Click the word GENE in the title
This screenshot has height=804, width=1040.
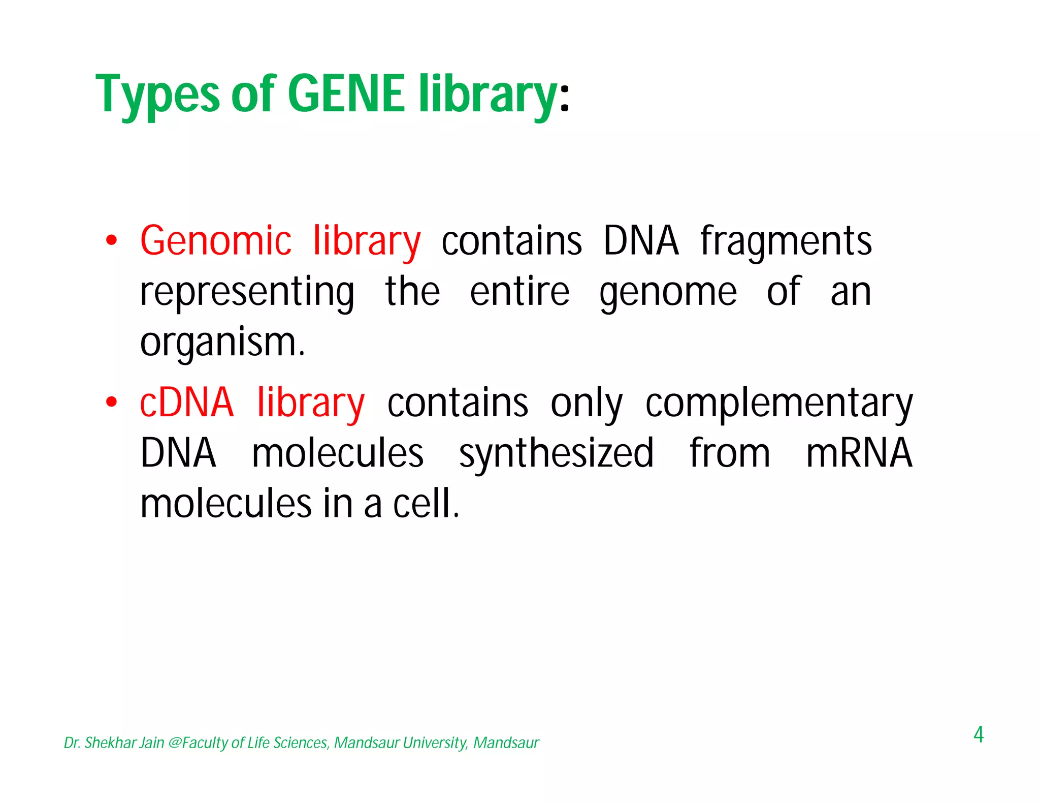[346, 94]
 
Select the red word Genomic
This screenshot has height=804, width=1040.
[216, 241]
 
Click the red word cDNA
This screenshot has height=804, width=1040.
[186, 403]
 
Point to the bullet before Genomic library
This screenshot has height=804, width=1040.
[111, 240]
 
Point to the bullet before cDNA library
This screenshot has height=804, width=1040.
[111, 403]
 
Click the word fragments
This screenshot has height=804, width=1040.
[786, 241]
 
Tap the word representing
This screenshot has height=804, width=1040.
[247, 293]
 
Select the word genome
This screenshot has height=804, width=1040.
[668, 293]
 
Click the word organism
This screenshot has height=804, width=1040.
[222, 343]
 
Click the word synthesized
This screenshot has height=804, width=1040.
[556, 454]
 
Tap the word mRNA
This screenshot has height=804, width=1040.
[859, 453]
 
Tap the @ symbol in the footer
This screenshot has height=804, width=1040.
[174, 743]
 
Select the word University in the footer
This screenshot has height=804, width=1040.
[435, 743]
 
